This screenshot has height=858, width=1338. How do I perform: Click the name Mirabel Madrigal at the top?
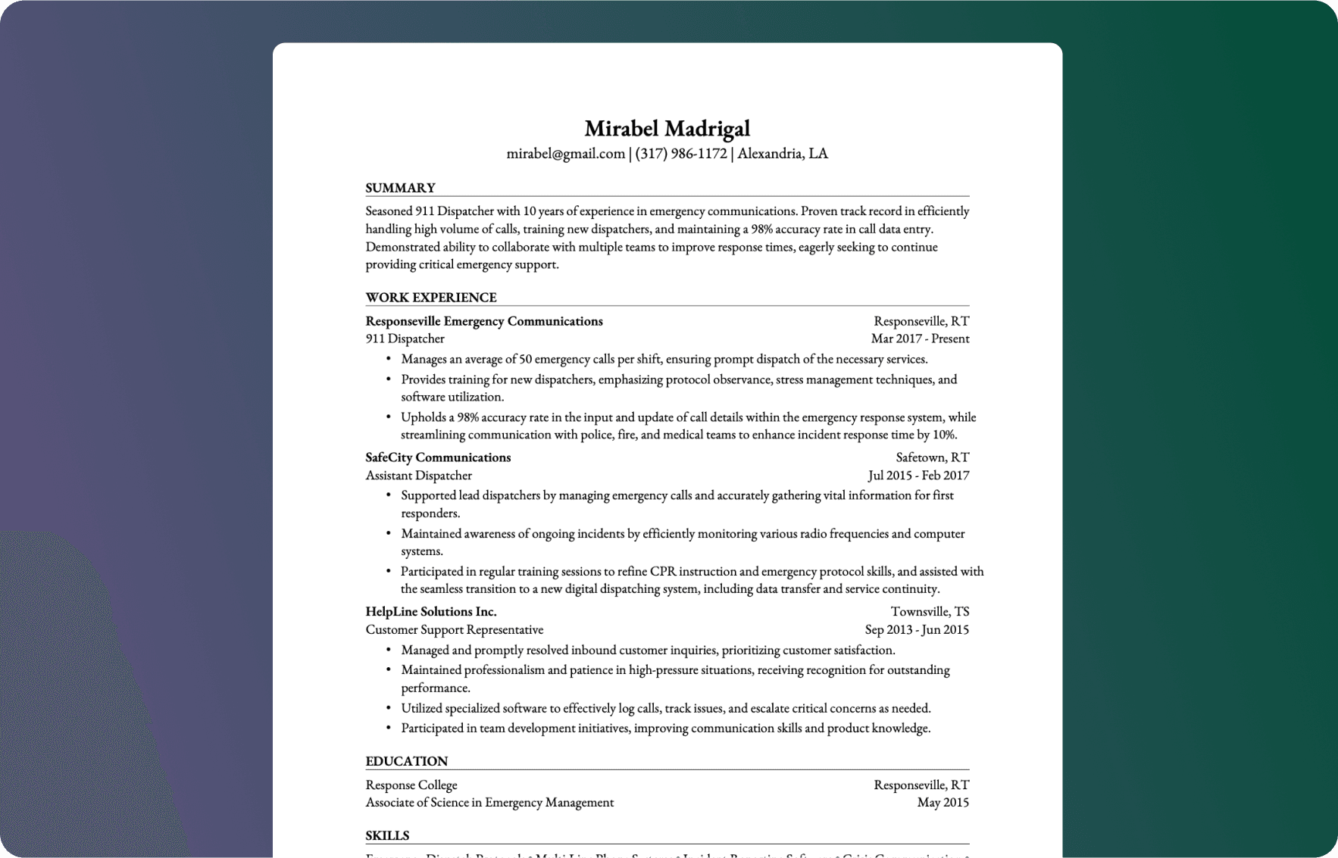point(667,129)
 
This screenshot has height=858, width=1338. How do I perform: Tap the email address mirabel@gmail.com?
point(565,154)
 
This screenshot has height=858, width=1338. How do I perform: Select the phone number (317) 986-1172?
point(680,154)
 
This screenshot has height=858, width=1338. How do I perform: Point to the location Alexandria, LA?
point(783,154)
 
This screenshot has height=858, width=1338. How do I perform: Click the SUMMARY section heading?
point(400,188)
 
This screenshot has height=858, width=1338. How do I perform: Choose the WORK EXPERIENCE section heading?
point(430,298)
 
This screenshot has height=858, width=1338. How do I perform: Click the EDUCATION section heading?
point(406,761)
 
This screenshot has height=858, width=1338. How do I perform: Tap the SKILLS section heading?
point(387,835)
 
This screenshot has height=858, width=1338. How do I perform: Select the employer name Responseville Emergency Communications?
point(483,321)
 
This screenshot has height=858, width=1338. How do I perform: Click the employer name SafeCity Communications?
point(438,457)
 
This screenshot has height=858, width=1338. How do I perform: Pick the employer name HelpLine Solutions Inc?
point(430,611)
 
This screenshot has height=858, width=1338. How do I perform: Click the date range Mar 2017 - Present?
point(920,339)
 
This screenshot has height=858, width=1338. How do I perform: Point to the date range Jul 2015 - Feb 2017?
point(918,476)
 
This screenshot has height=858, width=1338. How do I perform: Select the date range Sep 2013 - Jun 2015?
point(917,629)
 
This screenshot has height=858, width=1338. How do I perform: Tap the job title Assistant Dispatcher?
point(418,476)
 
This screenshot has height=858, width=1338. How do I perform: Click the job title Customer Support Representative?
point(454,629)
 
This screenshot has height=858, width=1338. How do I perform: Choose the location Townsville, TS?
point(930,611)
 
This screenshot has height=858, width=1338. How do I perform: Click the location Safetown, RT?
point(932,457)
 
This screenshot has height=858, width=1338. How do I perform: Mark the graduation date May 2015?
point(943,802)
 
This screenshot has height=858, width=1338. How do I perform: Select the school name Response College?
point(411,785)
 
